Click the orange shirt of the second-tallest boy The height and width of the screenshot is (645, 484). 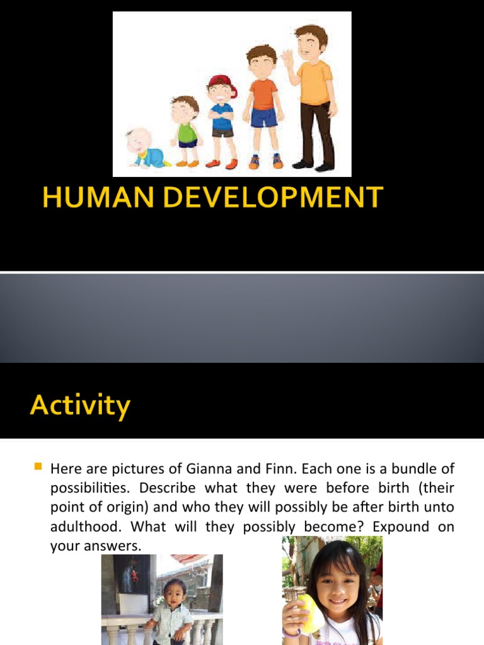pyautogui.click(x=263, y=94)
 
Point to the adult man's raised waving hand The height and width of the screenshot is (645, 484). pyautogui.click(x=287, y=58)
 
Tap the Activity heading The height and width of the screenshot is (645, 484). pyautogui.click(x=80, y=405)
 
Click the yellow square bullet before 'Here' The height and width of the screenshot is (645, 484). pyautogui.click(x=37, y=467)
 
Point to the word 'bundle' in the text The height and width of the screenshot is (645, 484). pyautogui.click(x=412, y=469)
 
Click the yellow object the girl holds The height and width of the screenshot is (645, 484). pyautogui.click(x=310, y=614)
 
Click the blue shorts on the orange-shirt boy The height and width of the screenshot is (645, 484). pyautogui.click(x=264, y=117)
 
